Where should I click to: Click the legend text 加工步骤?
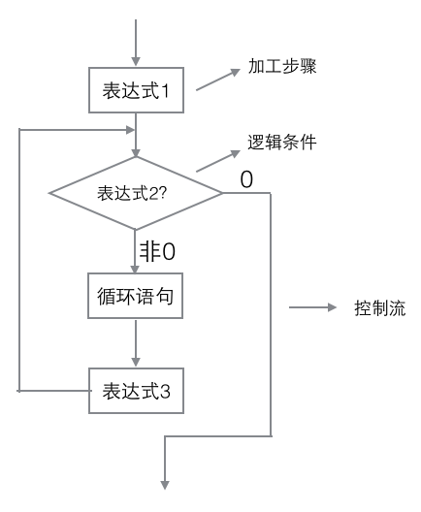(x=282, y=66)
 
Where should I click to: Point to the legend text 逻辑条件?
(x=282, y=143)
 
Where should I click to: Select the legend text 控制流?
(x=380, y=308)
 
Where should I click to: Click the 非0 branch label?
(x=157, y=252)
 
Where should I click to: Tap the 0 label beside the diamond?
(x=246, y=179)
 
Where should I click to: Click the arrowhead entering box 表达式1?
(x=136, y=62)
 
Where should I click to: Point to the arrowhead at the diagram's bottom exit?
(x=165, y=485)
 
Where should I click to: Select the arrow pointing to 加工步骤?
(x=218, y=80)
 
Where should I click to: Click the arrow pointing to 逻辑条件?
(x=218, y=161)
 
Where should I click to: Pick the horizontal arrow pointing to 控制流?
(x=312, y=307)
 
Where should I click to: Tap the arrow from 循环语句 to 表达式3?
(x=136, y=343)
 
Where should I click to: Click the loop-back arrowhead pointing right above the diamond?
(x=130, y=130)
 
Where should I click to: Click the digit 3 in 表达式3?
(x=165, y=391)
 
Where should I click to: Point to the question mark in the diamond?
(x=163, y=193)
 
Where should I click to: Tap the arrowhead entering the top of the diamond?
(x=136, y=153)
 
